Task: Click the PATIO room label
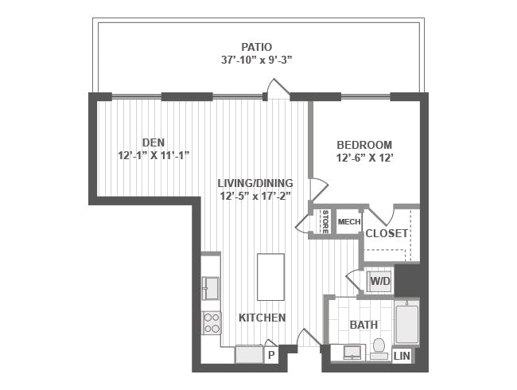[x=257, y=47]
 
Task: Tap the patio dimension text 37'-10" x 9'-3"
[x=257, y=60]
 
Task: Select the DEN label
[x=154, y=142]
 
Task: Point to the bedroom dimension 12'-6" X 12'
[x=364, y=158]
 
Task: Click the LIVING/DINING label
[x=255, y=183]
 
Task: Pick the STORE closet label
[x=325, y=222]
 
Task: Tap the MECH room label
[x=349, y=222]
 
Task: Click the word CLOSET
[x=387, y=234]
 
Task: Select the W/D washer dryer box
[x=380, y=282]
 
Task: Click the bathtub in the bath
[x=407, y=325]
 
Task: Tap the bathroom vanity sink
[x=352, y=353]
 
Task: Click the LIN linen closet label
[x=402, y=356]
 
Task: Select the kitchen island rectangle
[x=270, y=277]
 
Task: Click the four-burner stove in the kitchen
[x=212, y=323]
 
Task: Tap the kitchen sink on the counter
[x=212, y=288]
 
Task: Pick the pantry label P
[x=271, y=355]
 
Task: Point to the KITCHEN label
[x=262, y=318]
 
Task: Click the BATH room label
[x=363, y=325]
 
